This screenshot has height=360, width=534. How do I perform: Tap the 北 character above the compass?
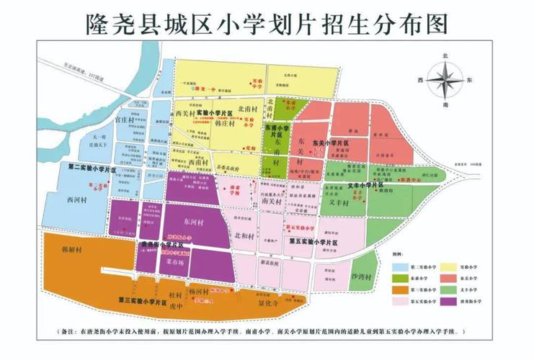445,55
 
